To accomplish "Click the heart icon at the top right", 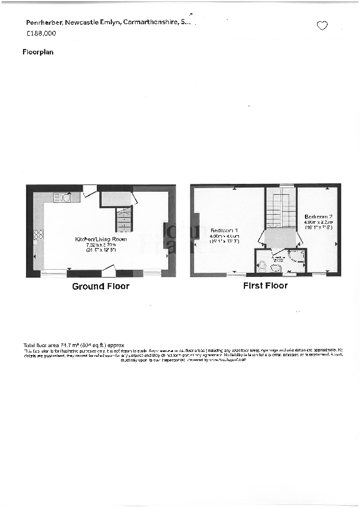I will tap(322, 25).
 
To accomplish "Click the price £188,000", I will tap(42, 34).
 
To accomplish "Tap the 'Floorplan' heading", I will tap(38, 52).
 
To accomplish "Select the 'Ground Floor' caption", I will tap(100, 286).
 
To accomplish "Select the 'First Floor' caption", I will tap(265, 285).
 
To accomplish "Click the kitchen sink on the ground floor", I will tap(62, 197).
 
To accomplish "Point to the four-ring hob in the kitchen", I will tap(39, 235).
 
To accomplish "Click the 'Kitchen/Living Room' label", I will tap(101, 239).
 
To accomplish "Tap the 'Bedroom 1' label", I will tap(225, 231).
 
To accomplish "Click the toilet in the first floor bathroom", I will tap(262, 264).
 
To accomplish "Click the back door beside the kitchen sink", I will tap(89, 192).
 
